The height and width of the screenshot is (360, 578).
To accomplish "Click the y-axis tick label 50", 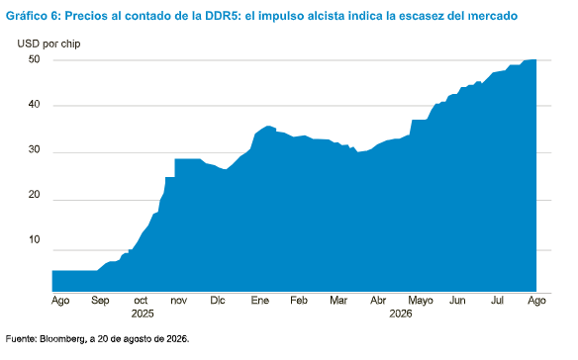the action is pos(34,59).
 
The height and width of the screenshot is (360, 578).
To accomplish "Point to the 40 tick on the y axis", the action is pos(34,105).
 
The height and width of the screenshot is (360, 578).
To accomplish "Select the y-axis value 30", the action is pos(34,149).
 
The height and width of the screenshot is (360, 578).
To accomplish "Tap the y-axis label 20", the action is pos(34,195).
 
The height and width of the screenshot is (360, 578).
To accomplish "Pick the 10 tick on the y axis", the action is pos(34,239).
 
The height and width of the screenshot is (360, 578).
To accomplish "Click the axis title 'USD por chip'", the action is pos(48,44).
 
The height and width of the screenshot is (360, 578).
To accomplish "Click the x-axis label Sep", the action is pos(100,301).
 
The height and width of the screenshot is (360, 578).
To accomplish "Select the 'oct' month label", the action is pos(141,301).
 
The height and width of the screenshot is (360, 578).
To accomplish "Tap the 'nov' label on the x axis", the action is pos(179,301).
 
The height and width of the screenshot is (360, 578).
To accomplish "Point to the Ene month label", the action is pos(260,301).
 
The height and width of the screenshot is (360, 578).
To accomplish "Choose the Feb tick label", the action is pos(299,301).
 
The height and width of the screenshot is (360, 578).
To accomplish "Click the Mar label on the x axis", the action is pos(338,301).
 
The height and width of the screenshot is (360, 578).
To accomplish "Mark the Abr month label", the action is pos(378,301).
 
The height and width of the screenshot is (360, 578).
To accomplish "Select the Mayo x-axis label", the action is pos(421,301).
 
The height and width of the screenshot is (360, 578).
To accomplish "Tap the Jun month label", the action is pos(457,301).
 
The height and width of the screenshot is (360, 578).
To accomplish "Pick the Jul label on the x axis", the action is pos(497,301).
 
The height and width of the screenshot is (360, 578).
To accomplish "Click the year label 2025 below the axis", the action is pos(143,314).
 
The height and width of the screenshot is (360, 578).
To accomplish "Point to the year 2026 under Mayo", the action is pos(401,314).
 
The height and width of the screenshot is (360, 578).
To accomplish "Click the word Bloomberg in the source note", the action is pos(62,339).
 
